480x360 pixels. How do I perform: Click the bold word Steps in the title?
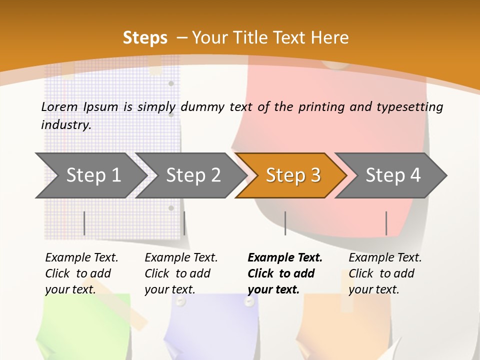click(145, 38)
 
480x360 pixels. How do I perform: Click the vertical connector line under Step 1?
click(84, 223)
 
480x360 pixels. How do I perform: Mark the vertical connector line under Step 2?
click(184, 223)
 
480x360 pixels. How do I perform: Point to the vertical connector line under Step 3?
click(285, 223)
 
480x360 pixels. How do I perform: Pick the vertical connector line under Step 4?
click(386, 223)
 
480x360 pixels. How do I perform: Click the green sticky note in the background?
click(85, 325)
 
